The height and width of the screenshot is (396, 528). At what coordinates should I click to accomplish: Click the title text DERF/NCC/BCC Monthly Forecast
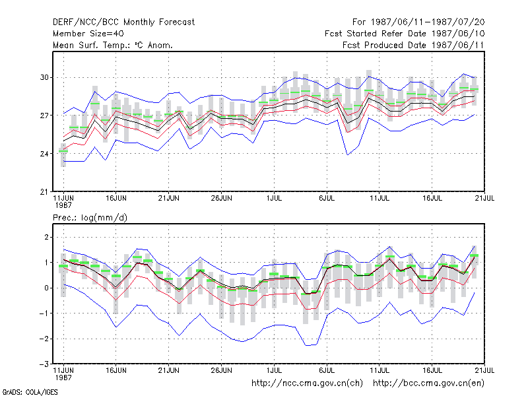pos(123,22)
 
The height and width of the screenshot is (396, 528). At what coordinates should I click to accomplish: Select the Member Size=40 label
pos(88,34)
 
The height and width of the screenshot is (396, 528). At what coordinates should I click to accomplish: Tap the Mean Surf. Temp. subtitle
pos(113,45)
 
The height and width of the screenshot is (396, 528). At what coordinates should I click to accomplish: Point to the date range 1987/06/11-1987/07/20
pos(428,22)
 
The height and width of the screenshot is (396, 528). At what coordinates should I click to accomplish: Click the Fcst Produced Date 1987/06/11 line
pos(413,45)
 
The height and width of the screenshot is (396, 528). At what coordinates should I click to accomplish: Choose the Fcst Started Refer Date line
pos(405,34)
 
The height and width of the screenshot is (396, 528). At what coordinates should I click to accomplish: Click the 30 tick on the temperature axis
pos(44,77)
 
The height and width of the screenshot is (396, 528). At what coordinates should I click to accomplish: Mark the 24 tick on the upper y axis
pos(44,154)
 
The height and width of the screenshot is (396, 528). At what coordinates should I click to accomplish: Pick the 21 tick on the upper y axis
pos(44,192)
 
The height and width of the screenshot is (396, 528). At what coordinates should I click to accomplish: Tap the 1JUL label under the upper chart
pos(274,198)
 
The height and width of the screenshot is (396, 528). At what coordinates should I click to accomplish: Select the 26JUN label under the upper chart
pos(221,198)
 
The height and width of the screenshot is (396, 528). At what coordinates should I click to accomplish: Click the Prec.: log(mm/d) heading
pos(90,218)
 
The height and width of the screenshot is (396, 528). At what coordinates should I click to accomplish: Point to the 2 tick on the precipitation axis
pos(46,237)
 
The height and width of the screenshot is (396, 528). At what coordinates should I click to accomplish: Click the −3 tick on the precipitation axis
pos(44,364)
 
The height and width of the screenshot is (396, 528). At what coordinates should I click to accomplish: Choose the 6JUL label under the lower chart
pos(327,370)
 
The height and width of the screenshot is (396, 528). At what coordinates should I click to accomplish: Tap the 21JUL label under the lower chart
pos(484,370)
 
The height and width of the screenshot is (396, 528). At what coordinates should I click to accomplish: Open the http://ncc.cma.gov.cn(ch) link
pos(307,383)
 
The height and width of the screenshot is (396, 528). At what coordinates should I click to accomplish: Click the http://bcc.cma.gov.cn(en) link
pos(428,383)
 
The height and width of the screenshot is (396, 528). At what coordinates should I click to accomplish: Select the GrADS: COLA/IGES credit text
pos(30,392)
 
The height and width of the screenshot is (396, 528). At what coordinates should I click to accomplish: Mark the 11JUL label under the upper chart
pos(379,198)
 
